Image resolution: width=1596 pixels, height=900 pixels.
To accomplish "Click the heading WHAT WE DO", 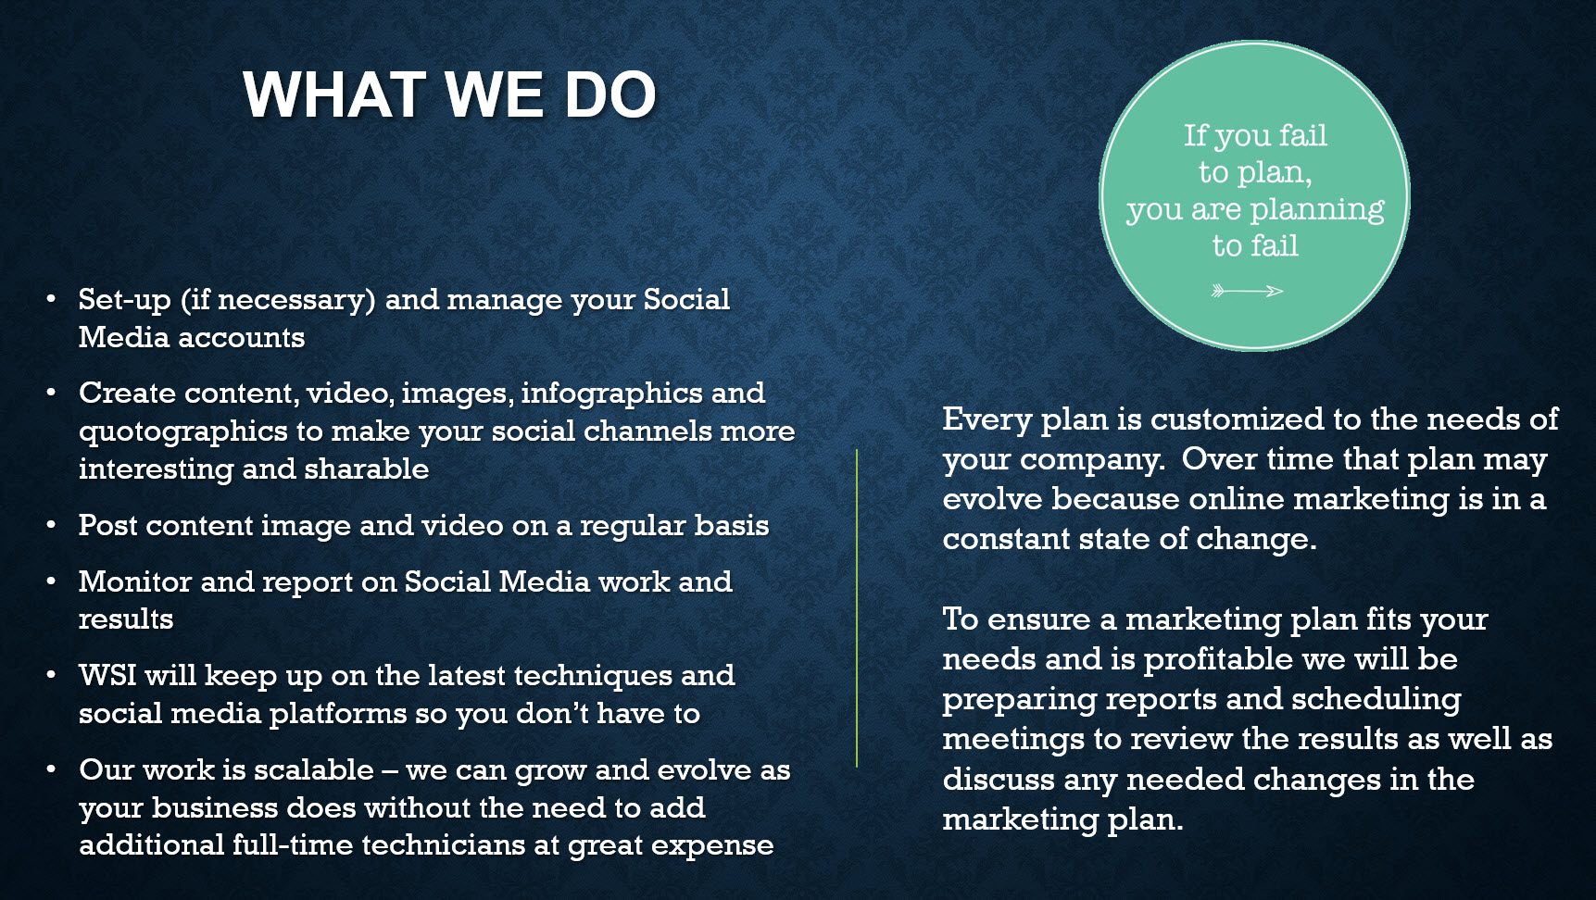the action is (450, 94).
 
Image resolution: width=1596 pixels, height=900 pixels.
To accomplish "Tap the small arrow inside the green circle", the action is (1247, 291).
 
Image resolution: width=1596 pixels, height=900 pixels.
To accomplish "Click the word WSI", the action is (107, 675).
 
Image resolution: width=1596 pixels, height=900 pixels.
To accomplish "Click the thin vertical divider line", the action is (857, 608).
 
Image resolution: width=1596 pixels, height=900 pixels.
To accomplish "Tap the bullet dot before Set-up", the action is (52, 299).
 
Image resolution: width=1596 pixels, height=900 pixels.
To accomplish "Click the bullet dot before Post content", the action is (52, 525).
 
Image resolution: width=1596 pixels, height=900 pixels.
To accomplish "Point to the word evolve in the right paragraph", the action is (992, 499).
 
